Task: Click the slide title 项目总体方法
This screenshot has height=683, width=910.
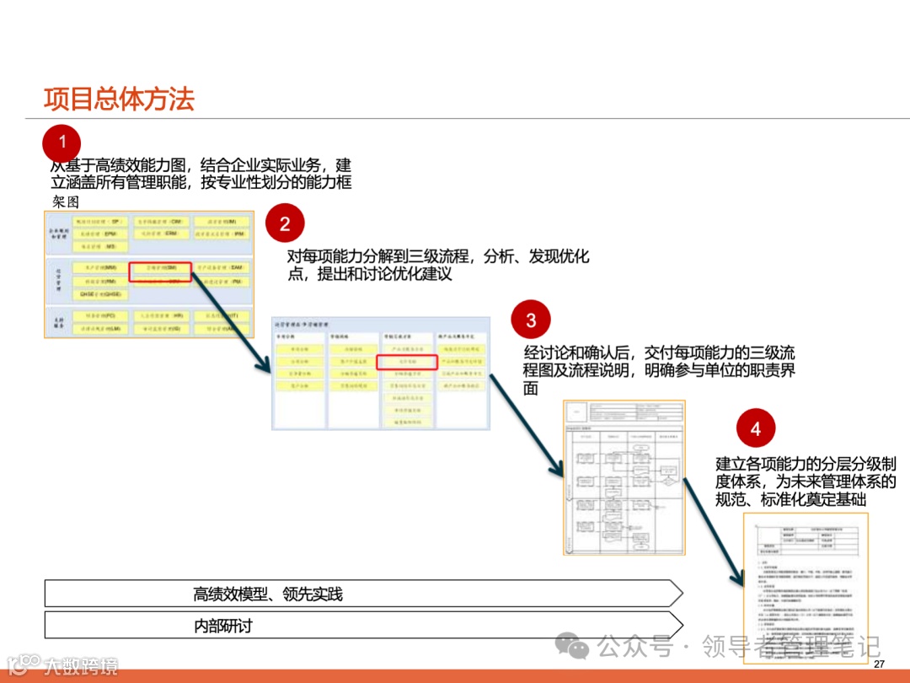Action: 119,99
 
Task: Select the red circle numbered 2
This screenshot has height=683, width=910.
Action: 285,223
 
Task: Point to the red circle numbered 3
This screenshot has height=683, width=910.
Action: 531,320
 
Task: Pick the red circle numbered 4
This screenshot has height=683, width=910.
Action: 755,429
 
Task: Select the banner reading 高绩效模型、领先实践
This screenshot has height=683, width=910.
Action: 268,594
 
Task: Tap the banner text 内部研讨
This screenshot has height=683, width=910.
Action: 222,626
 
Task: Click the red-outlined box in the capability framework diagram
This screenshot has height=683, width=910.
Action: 160,270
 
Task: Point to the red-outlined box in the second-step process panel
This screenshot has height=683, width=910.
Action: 406,361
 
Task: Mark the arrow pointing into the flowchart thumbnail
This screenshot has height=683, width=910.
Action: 527,424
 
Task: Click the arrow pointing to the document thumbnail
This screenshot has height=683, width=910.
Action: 715,530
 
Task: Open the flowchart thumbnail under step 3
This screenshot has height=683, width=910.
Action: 624,477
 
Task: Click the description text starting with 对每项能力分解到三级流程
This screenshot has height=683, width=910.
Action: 437,265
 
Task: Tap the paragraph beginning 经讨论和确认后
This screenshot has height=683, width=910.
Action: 658,369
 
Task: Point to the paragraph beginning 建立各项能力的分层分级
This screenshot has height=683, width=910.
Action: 806,481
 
